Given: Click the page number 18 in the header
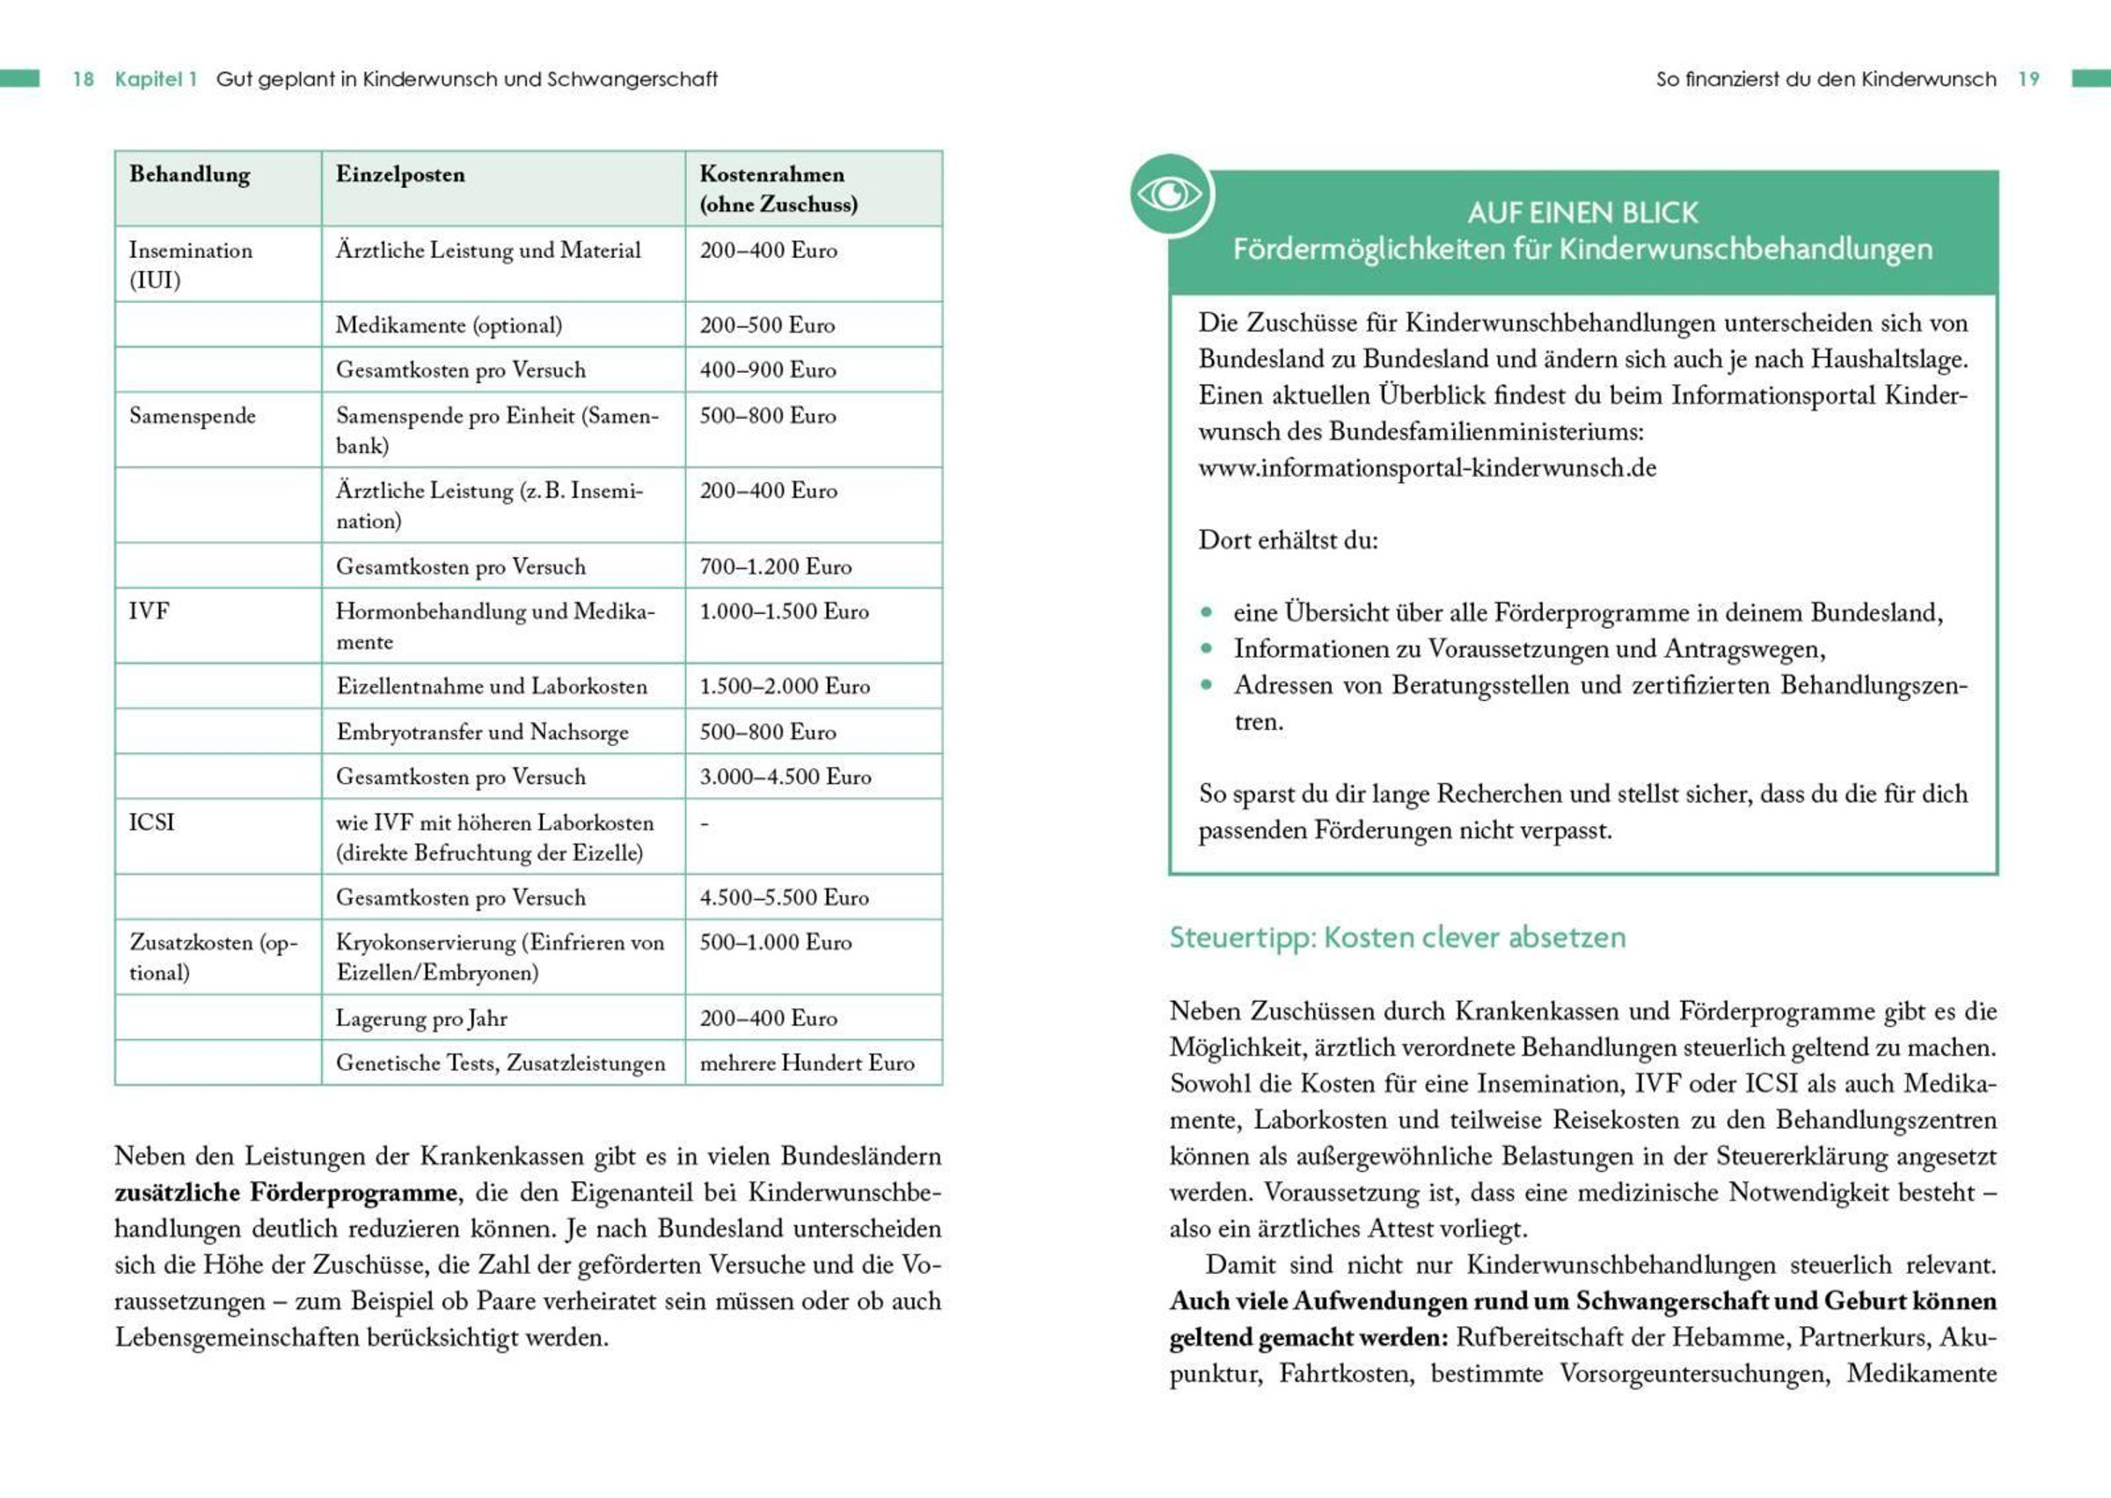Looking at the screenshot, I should pyautogui.click(x=83, y=79).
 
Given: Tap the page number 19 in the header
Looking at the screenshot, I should pyautogui.click(x=2028, y=79).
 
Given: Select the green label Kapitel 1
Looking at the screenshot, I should pyautogui.click(x=156, y=79).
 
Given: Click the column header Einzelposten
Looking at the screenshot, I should pyautogui.click(x=400, y=174).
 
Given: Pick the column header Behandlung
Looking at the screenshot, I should pyautogui.click(x=189, y=174).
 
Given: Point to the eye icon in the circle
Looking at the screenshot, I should pyautogui.click(x=1171, y=194).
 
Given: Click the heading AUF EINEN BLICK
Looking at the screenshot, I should pyautogui.click(x=1581, y=213).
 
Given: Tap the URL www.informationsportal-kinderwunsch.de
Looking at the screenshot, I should pyautogui.click(x=1427, y=468).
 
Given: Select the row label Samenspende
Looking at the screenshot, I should pyautogui.click(x=192, y=416).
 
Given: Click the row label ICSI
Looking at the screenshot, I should pyautogui.click(x=151, y=822).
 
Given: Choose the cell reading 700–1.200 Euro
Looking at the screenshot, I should pyautogui.click(x=775, y=566).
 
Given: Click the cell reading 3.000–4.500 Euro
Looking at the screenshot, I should pyautogui.click(x=785, y=777).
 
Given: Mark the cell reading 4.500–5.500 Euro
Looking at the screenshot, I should pyautogui.click(x=784, y=897).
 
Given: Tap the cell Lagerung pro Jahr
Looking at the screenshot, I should pyautogui.click(x=421, y=1019).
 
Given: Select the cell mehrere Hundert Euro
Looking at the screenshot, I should pyautogui.click(x=807, y=1063).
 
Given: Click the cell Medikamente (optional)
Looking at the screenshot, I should pyautogui.click(x=449, y=325).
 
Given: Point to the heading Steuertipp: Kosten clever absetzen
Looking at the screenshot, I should pyautogui.click(x=1397, y=938).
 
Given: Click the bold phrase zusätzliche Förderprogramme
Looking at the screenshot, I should pyautogui.click(x=286, y=1193).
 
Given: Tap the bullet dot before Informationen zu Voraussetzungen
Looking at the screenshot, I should pyautogui.click(x=1206, y=648).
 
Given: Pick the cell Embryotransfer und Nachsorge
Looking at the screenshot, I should pyautogui.click(x=482, y=733).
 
